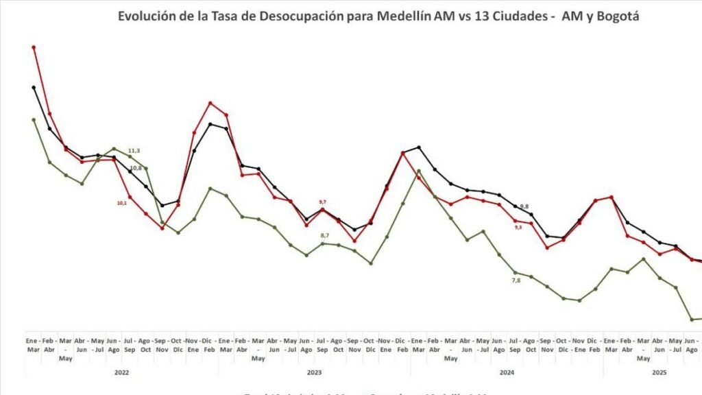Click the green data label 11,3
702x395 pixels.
134,151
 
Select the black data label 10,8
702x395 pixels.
136,168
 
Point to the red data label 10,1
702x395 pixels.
121,203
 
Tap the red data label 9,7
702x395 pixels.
323,202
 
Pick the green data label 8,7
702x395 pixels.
326,235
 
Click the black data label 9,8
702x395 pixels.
524,206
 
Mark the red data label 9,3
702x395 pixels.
518,227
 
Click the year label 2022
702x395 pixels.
121,373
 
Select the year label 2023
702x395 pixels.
314,373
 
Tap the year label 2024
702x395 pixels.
507,373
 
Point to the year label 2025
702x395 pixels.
659,373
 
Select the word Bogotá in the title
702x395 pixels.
616,16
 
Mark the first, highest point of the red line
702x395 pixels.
34,47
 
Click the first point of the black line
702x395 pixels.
34,87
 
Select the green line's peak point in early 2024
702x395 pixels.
418,171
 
